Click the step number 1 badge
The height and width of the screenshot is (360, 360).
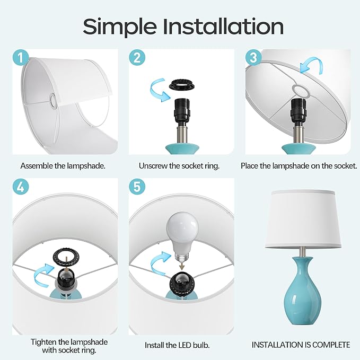21,57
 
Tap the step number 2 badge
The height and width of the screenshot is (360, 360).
137,57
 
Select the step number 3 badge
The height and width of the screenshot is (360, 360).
254,57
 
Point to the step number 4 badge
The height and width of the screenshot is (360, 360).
21,187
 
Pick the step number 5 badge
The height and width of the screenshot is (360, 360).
137,187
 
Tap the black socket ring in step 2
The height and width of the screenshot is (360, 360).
182,85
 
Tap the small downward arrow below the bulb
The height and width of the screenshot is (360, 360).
182,266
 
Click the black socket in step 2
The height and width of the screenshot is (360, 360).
182,110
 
